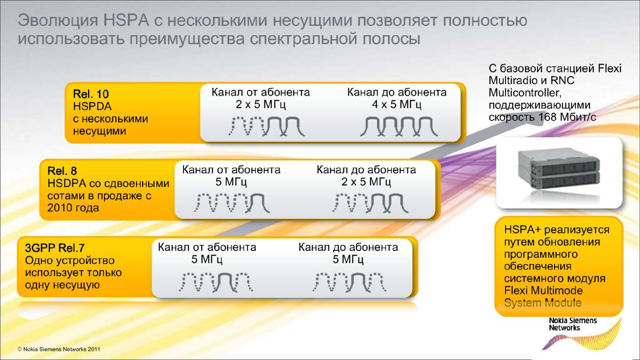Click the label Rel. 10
click(x=91, y=94)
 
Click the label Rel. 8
click(x=62, y=171)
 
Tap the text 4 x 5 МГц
click(x=397, y=104)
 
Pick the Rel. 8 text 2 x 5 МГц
click(x=366, y=182)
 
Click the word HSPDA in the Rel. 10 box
click(x=89, y=107)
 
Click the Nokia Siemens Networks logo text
click(x=573, y=324)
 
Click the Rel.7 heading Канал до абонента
click(x=348, y=247)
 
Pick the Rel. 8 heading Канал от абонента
click(x=231, y=170)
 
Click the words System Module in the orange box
click(x=542, y=303)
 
